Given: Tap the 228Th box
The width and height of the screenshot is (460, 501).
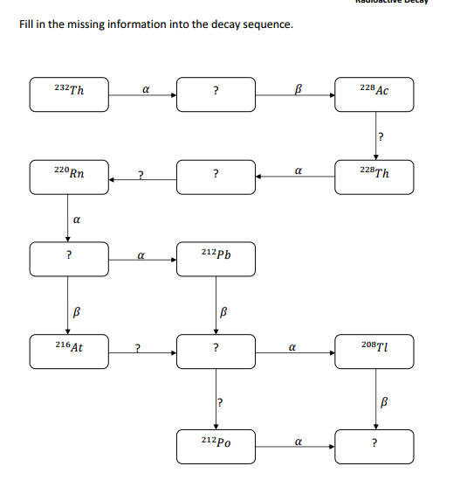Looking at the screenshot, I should coord(374,175).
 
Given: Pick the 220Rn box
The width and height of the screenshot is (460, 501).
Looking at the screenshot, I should coord(69,175).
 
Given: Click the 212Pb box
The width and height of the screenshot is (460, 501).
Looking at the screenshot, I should coord(216,257).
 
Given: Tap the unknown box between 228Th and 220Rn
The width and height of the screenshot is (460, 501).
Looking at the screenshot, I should coord(216,175).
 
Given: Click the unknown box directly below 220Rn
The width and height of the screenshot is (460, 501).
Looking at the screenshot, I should coord(69,257).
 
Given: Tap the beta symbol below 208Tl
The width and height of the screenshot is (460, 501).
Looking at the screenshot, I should coord(382,403).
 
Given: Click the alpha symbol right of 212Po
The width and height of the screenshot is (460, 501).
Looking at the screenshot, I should coord(298,442).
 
